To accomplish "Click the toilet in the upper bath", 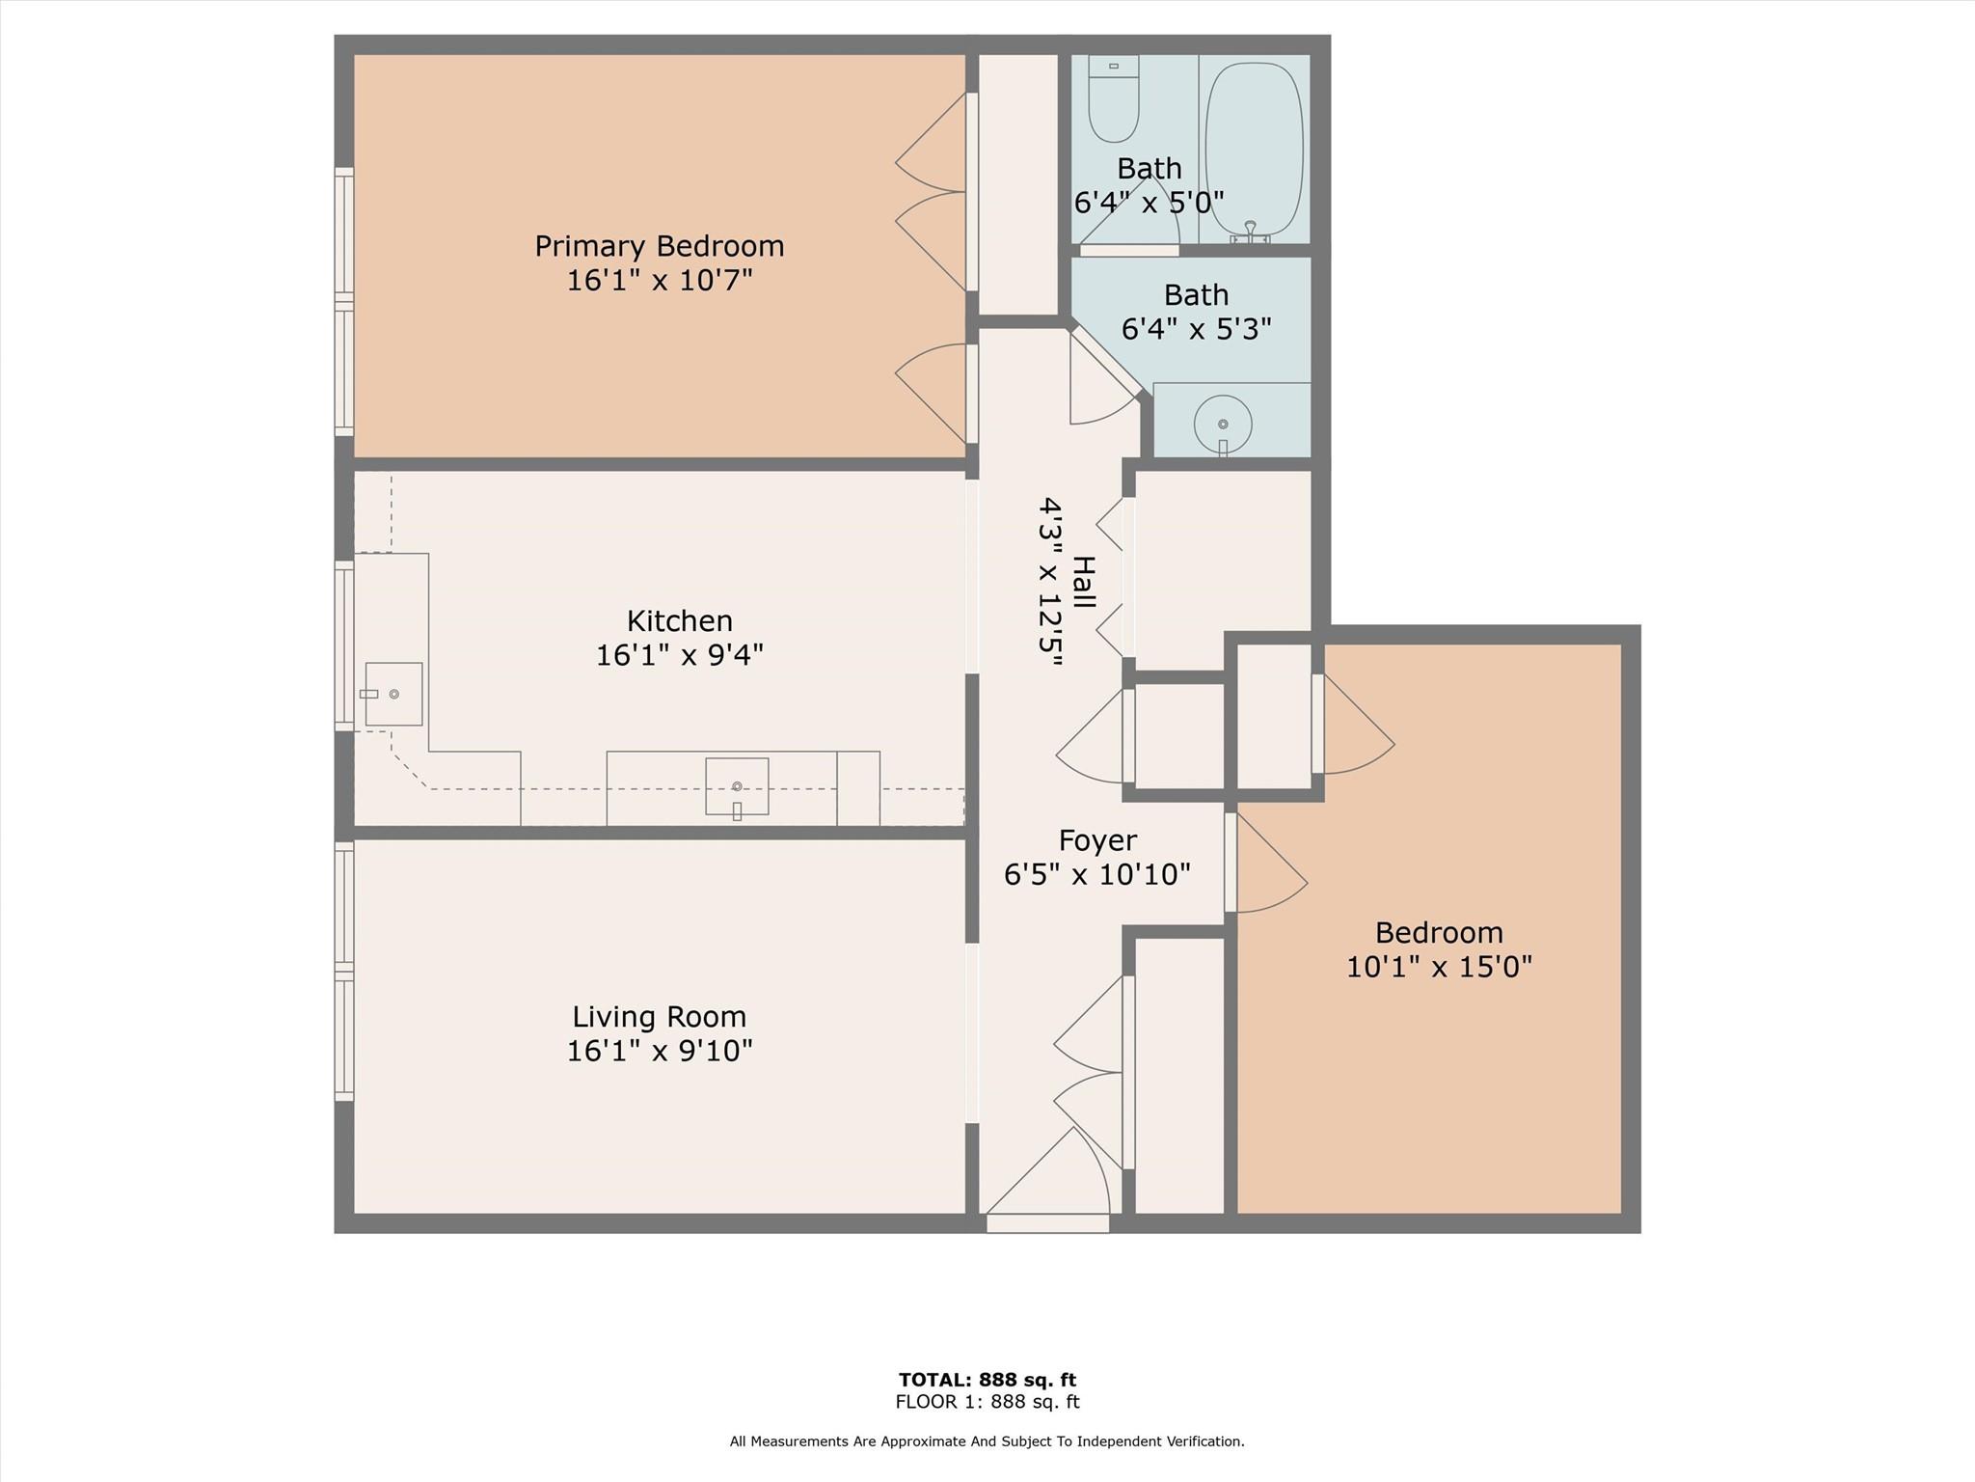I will click(x=1114, y=101).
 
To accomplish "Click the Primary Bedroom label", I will click(x=660, y=246).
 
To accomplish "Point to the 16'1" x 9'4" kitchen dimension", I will click(x=679, y=655).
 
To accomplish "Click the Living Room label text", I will click(x=660, y=1016).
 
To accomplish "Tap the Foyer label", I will click(x=1097, y=840).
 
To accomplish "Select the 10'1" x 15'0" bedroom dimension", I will click(x=1439, y=967).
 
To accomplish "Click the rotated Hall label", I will click(x=1084, y=582).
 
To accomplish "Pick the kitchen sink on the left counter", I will click(x=393, y=694).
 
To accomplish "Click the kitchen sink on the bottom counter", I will click(x=737, y=786).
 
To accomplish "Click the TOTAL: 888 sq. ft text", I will click(x=987, y=1380).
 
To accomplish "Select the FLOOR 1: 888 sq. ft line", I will click(x=987, y=1402).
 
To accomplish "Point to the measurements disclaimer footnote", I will click(x=987, y=1441).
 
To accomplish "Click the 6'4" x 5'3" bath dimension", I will click(x=1196, y=329).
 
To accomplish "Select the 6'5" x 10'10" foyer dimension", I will click(x=1097, y=875).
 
